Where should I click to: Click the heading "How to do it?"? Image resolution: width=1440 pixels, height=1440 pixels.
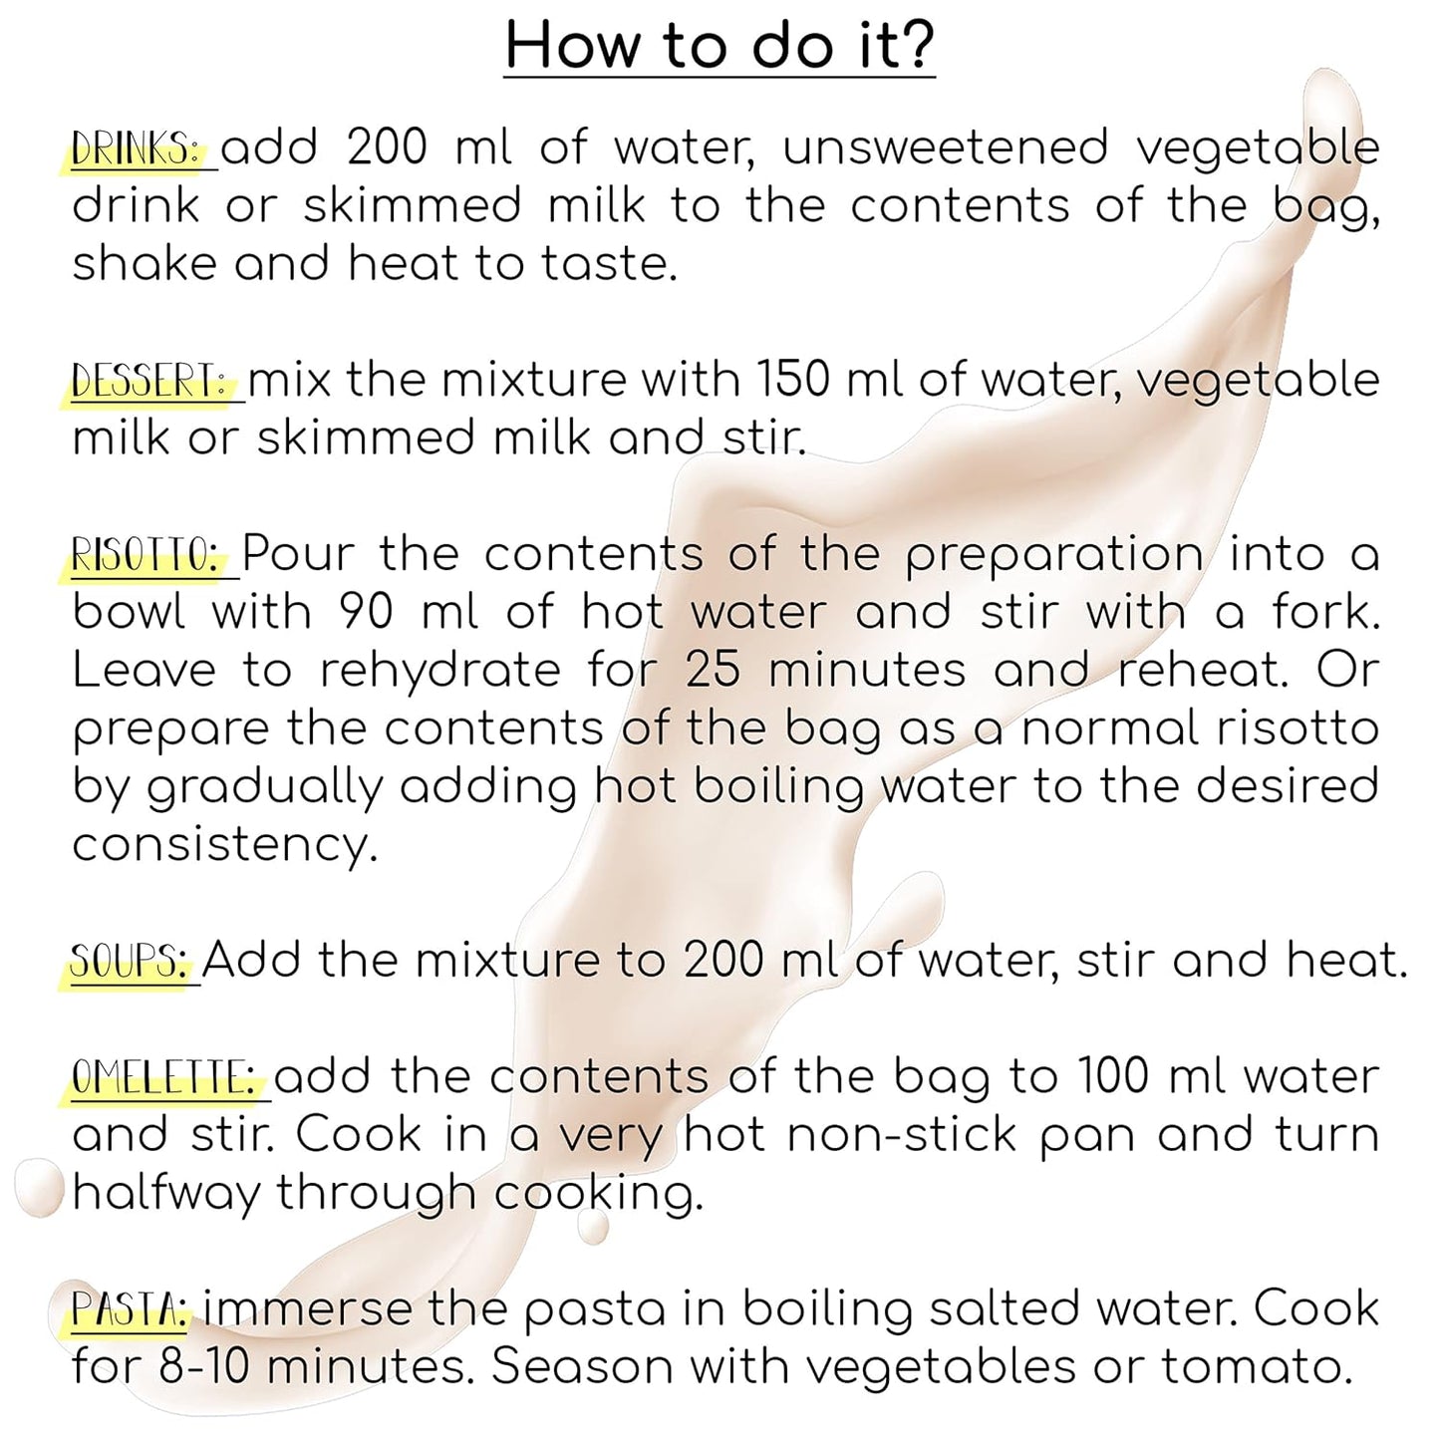coord(720,46)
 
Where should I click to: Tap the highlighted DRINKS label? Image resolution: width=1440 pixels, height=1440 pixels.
coord(138,148)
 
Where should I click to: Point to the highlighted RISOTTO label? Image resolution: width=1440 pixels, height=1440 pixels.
coord(147,555)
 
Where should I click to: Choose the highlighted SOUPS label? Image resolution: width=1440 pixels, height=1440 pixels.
coord(130,962)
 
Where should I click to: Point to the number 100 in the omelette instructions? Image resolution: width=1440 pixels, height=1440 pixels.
coord(1113,1077)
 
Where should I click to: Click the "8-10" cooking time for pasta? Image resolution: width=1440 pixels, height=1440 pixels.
coord(203,1367)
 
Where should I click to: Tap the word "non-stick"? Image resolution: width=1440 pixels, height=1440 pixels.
coord(902,1135)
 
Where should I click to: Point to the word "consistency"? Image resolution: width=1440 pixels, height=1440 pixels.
coord(225,846)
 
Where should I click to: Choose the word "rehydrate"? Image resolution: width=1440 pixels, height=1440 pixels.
coord(440,671)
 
